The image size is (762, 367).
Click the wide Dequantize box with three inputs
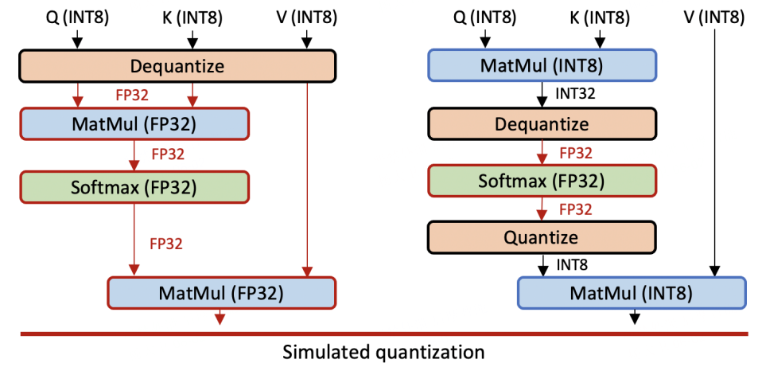177,65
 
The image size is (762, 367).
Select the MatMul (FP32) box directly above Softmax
134,124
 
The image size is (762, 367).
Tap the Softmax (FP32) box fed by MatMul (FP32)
134,187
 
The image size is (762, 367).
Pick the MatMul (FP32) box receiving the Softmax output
222,293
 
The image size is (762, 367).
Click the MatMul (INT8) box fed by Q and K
542,65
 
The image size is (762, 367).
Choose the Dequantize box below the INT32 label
542,124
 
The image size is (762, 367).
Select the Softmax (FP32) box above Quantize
542,181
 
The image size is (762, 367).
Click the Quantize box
542,237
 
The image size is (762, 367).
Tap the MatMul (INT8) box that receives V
632,293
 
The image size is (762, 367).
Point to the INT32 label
575,94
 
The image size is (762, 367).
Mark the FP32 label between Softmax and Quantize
576,209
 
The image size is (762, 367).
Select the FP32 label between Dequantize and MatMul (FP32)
132,95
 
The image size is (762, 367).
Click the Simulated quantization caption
383,351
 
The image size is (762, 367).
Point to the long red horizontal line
384,334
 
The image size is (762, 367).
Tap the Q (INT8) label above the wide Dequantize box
77,18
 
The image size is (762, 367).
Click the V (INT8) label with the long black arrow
715,18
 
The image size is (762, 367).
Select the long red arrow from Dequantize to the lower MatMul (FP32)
307,179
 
